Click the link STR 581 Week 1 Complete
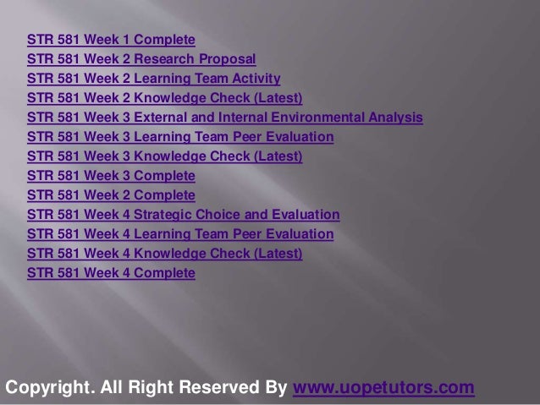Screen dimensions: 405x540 (111, 40)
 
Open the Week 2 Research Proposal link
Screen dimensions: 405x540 (141, 59)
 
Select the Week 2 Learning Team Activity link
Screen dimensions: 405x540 (153, 79)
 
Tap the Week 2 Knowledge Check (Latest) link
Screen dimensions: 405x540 (165, 98)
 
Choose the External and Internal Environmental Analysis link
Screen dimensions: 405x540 (225, 118)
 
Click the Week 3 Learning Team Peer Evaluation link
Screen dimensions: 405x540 (180, 137)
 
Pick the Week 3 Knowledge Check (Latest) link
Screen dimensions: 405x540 (165, 156)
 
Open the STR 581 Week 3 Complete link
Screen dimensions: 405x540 (111, 176)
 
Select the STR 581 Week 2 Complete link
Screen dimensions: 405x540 (111, 195)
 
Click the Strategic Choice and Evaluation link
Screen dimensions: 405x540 (184, 215)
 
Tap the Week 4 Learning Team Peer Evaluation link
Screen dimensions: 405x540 (180, 234)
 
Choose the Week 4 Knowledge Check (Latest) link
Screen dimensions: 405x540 (165, 254)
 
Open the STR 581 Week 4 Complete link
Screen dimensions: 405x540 (111, 273)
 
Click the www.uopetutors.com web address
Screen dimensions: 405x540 (383, 388)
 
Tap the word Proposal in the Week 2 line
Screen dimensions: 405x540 (225, 59)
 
